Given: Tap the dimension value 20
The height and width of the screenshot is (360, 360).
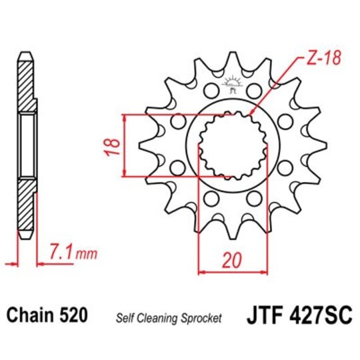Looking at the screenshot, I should [232, 262].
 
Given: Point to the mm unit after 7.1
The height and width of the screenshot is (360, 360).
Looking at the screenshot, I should [85, 254].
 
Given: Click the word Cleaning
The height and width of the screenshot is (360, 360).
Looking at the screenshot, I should [160, 317].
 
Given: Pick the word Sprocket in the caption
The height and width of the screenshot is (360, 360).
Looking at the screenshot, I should [202, 317].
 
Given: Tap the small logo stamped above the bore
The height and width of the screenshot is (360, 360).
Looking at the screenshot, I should [233, 83].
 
